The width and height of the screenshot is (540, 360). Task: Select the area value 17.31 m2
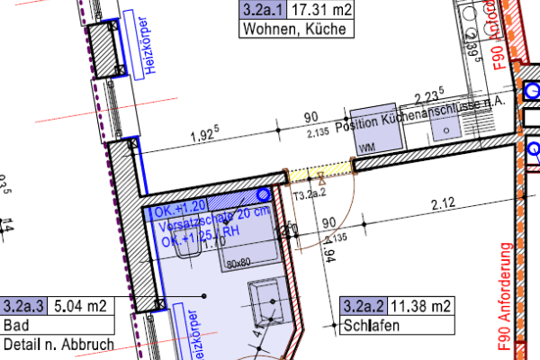point(314,11)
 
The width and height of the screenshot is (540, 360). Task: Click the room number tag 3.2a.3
point(25,307)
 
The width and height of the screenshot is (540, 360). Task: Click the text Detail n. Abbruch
point(58,343)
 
